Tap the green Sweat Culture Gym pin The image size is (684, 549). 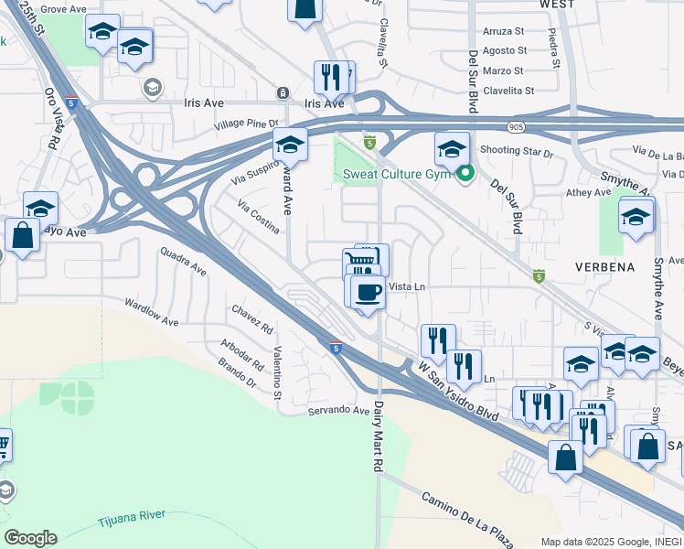465,173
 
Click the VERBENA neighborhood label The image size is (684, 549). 604,267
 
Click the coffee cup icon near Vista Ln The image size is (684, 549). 368,292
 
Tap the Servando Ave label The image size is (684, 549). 338,410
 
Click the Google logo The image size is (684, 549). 30,538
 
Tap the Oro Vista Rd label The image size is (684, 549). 52,120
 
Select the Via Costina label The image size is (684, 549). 259,217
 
